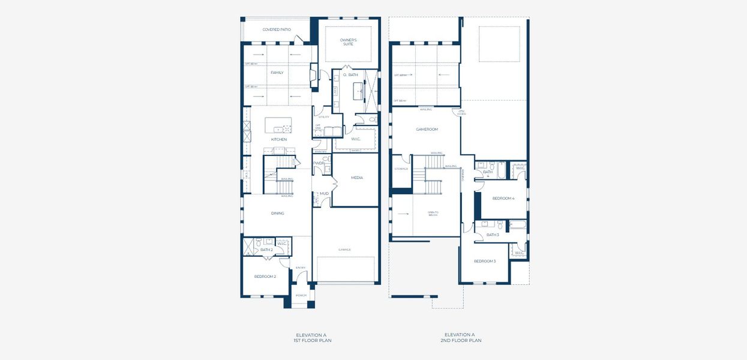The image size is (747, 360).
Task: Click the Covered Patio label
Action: tap(277, 29)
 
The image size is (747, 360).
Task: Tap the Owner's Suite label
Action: tap(348, 42)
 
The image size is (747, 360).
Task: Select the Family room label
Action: tap(277, 73)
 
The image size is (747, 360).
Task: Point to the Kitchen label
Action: tap(278, 139)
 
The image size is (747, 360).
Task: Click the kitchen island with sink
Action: tap(278, 125)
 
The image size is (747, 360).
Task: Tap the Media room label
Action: tap(356, 178)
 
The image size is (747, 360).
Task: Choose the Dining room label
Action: tap(277, 213)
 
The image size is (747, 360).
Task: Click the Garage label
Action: tap(344, 250)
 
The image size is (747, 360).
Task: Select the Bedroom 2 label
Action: tap(265, 277)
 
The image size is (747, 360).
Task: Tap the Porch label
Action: tap(301, 295)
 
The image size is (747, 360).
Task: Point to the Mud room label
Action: tap(324, 193)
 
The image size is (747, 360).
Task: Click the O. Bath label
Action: tap(350, 75)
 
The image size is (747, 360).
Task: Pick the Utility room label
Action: tap(324, 117)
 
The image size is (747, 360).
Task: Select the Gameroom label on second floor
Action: tap(427, 129)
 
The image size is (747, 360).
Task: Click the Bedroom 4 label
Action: tap(503, 198)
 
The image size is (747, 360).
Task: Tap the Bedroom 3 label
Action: tap(485, 261)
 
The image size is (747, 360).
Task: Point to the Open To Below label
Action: tap(433, 214)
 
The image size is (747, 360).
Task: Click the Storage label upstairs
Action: tap(401, 169)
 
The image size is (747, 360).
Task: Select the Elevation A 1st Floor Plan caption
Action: tap(313, 338)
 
